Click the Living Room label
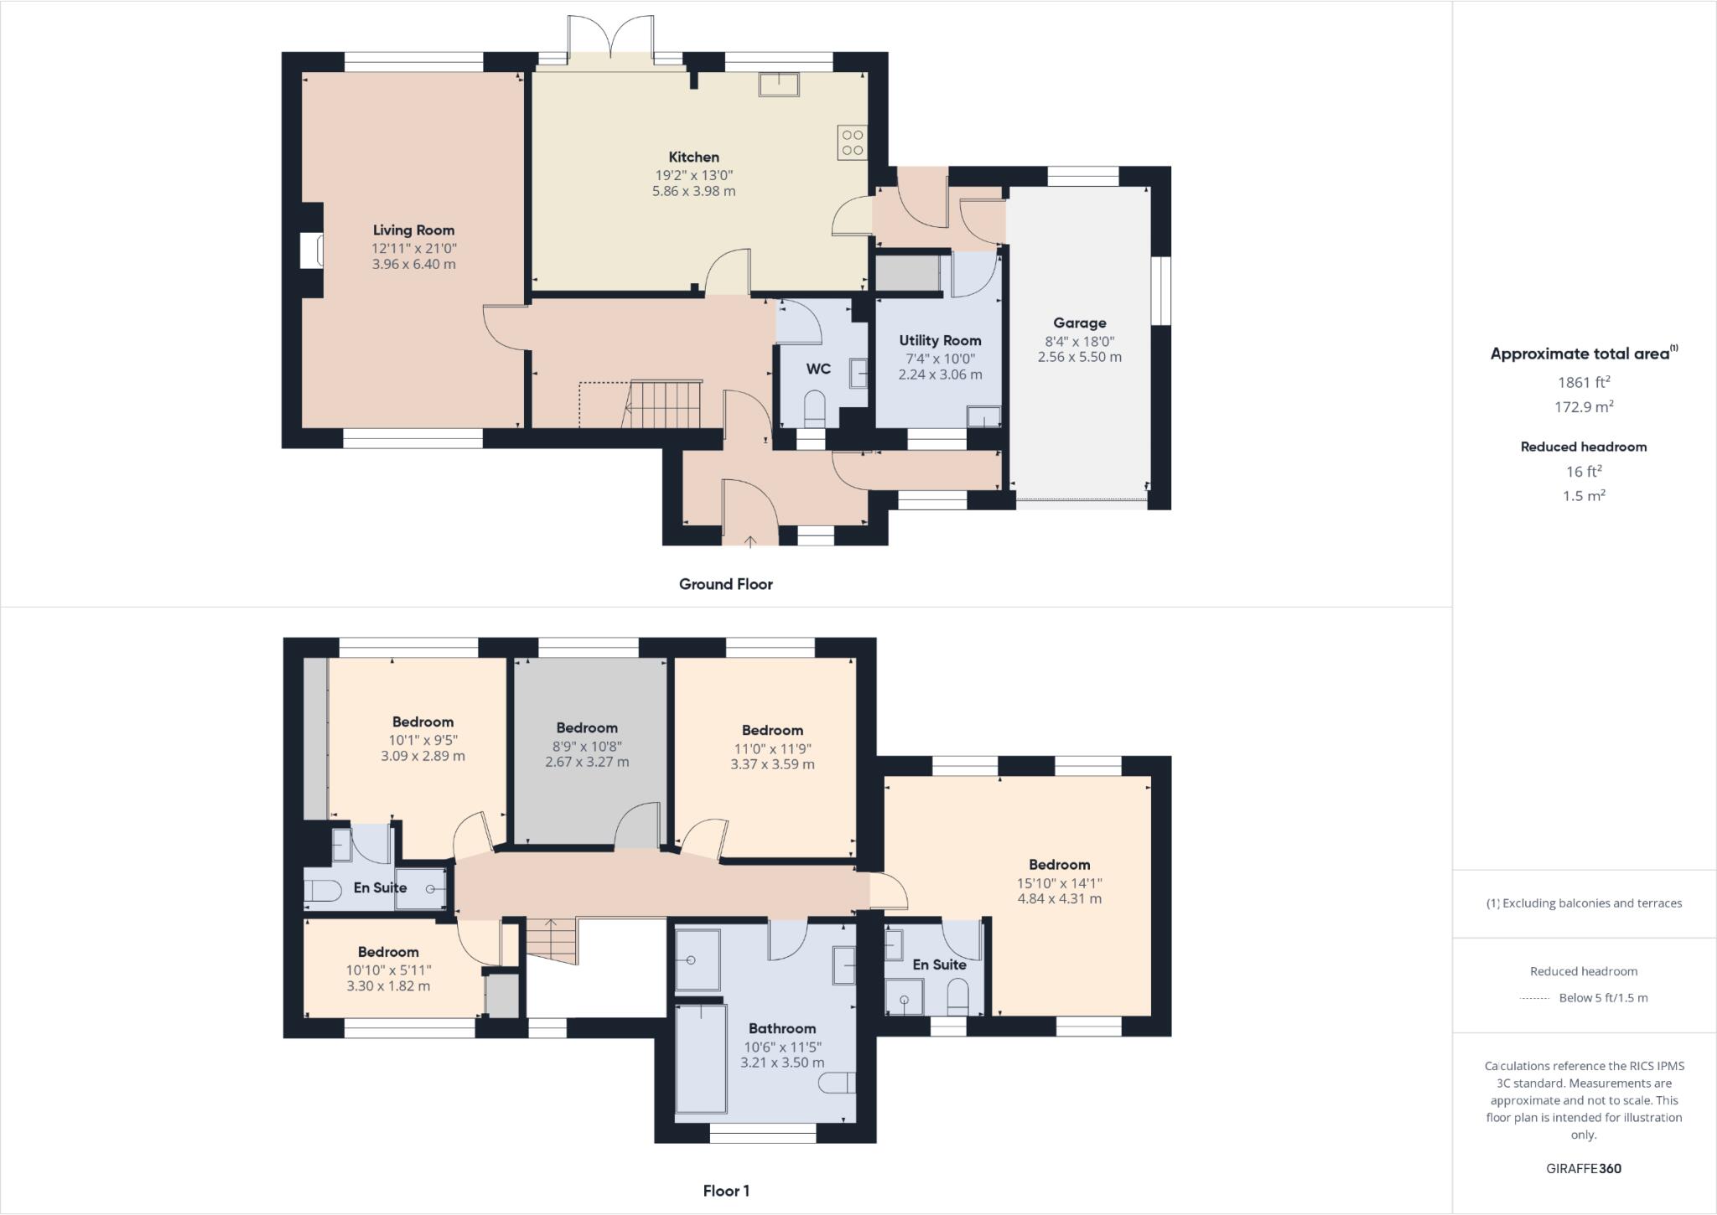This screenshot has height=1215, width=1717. point(413,230)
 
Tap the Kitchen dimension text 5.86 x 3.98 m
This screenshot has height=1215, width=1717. point(693,191)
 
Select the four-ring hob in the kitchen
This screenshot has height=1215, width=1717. point(853,142)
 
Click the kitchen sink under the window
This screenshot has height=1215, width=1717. point(779,85)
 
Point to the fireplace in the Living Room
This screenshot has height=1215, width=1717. point(312,251)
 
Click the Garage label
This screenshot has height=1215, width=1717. point(1079,323)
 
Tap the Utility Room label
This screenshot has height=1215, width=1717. point(940,340)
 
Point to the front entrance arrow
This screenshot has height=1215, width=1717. point(750,540)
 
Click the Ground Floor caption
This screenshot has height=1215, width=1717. point(725,584)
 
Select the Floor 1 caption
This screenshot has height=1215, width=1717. point(726,1191)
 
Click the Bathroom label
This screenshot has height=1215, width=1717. point(781,1028)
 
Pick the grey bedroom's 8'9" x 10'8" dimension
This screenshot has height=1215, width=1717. point(587,746)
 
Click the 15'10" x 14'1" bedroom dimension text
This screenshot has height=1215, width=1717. point(1059,882)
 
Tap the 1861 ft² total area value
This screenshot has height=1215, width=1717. point(1583,382)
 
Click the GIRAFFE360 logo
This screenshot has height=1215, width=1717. point(1583,1168)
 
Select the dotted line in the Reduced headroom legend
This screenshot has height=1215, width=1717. point(1534,998)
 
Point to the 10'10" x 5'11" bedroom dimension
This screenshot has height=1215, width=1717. point(388,970)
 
